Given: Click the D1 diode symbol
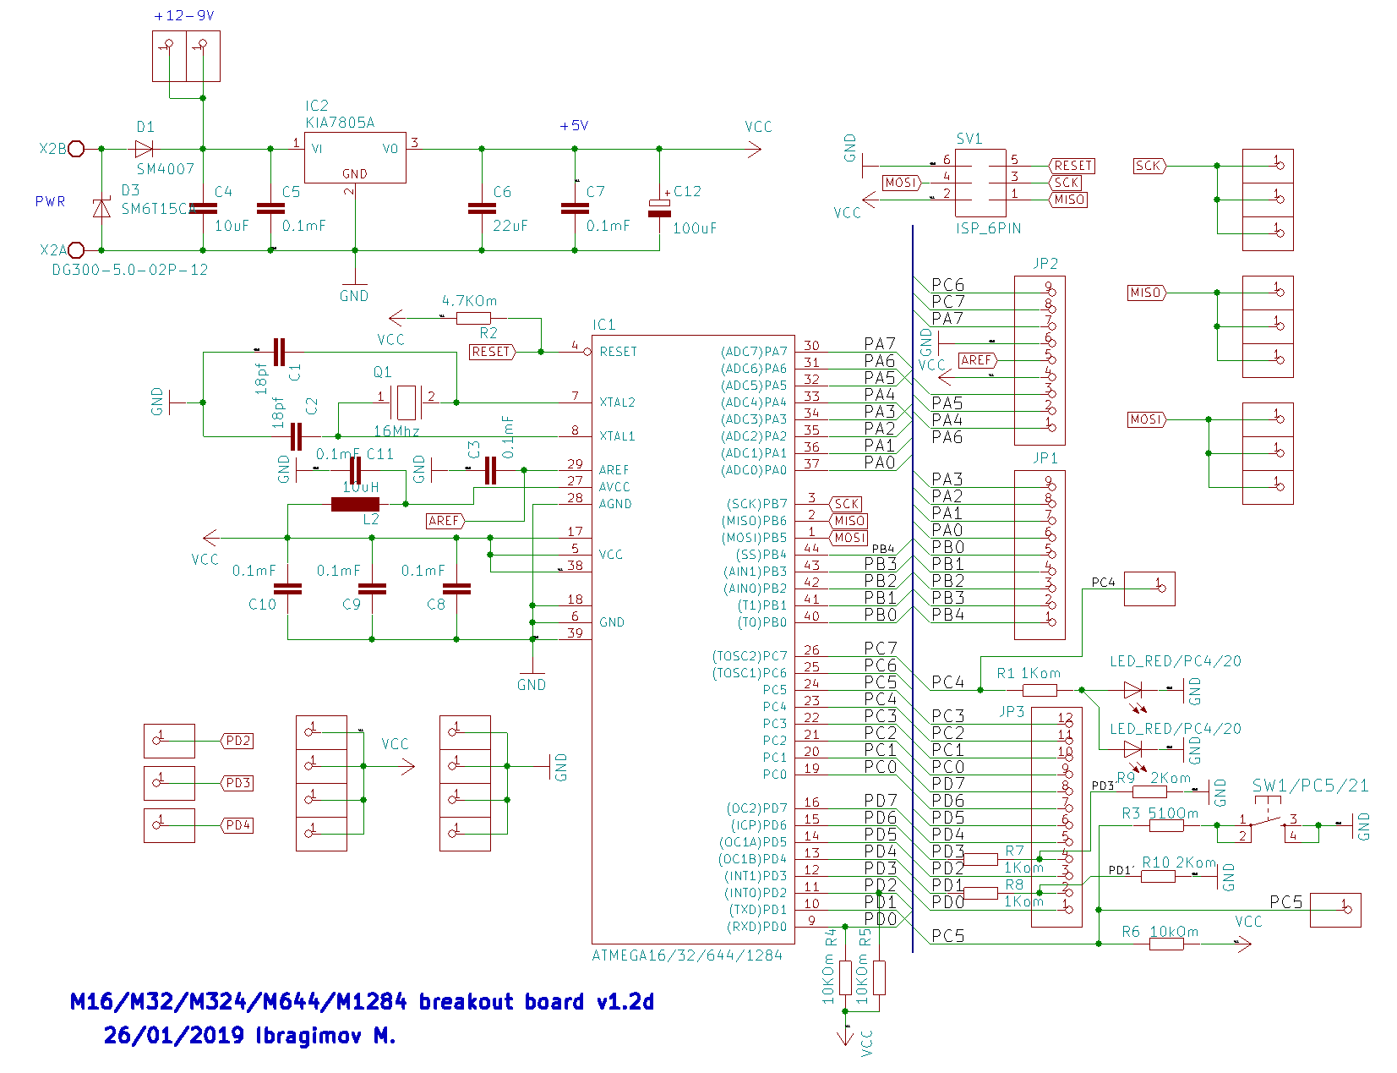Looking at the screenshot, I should pos(144,149).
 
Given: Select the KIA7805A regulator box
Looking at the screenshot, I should pos(355,156).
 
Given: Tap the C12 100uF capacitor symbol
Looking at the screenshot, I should pos(659,208).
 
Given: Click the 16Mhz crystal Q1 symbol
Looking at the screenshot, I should pos(407,402).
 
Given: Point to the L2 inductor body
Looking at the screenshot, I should pos(355,504).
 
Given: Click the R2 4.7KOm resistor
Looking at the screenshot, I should pos(472,318).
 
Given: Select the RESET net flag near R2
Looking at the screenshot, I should pos(492,352).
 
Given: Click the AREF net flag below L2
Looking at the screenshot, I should pos(445,521).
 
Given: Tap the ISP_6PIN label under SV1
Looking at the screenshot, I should pos(988,228).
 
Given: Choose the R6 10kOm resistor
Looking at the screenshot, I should pos(1166,944).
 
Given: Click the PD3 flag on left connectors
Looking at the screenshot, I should pos(237,783).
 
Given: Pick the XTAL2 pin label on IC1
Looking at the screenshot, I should pos(617,402).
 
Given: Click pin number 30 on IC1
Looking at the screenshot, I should pos(811,345).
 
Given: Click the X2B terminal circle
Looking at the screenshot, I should pos(76,149).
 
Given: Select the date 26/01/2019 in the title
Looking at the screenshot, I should pos(173,1035).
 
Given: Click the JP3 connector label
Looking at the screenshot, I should pos(1012,712).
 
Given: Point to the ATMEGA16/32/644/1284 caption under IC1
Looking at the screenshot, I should pos(686,955).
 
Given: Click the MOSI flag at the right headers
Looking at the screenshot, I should pos(1146,419).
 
